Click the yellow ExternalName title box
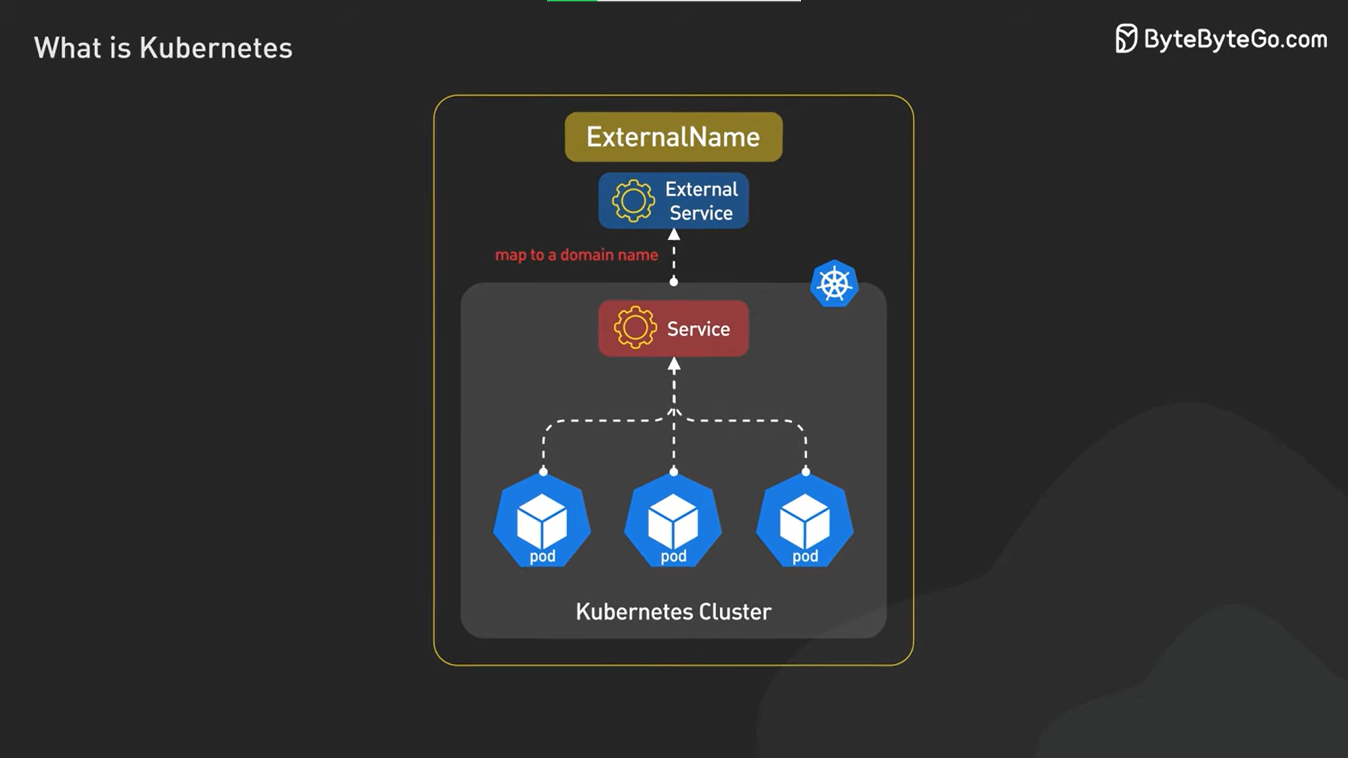click(673, 137)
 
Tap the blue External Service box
click(673, 201)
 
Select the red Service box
click(673, 328)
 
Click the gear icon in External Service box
click(633, 201)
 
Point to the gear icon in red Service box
click(635, 328)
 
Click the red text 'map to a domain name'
click(576, 255)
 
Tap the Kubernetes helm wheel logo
click(834, 284)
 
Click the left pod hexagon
click(542, 521)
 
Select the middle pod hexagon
click(673, 521)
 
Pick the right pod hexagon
click(805, 521)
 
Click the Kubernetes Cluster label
click(673, 612)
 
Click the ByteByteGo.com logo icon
click(1126, 39)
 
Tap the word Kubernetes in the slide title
click(216, 48)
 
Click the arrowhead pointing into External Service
click(674, 234)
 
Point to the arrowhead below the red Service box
click(674, 364)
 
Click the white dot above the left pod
click(543, 472)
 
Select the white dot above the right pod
click(805, 472)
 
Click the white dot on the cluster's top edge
click(674, 282)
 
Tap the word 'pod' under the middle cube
click(673, 557)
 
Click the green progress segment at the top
click(572, 1)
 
